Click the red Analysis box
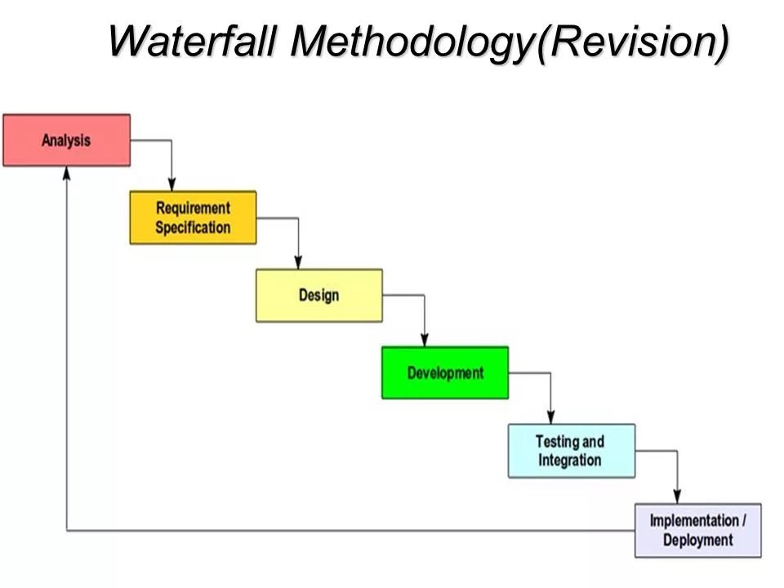(66, 140)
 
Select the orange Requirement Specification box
(193, 217)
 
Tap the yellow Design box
(319, 295)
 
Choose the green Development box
(445, 372)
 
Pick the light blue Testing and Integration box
(572, 451)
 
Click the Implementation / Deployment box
(698, 530)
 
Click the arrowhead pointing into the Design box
(298, 262)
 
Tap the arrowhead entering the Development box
(425, 340)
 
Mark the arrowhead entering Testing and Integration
(550, 417)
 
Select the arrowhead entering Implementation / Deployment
(677, 497)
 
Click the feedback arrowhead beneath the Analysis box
(66, 173)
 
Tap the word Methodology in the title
(412, 42)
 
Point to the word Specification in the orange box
(193, 228)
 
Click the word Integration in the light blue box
(569, 460)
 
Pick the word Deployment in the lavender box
(698, 540)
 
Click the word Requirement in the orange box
(193, 208)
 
